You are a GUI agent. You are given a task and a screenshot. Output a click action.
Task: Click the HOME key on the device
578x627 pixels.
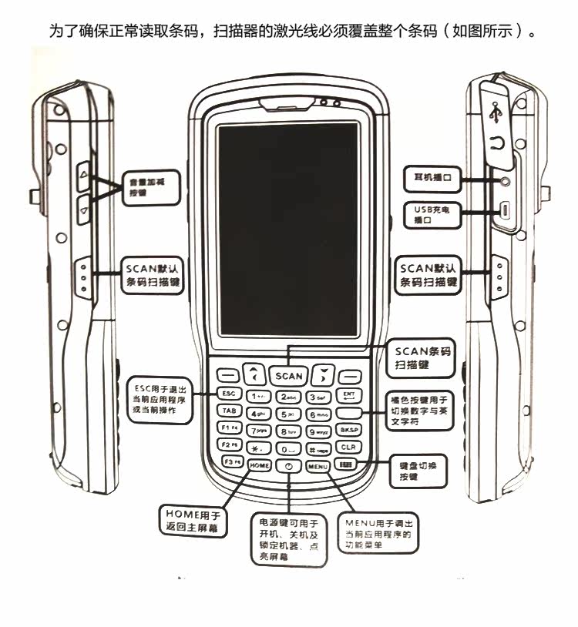(258, 466)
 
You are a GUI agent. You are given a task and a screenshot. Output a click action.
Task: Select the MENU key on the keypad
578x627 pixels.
(317, 466)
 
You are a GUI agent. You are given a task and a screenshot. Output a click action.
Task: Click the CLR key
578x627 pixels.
(348, 446)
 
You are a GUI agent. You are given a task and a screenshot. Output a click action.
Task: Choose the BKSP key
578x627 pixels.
(348, 430)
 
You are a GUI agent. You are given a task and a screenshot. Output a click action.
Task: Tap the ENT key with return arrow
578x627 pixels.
(348, 395)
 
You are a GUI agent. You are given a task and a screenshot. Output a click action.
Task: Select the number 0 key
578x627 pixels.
(287, 448)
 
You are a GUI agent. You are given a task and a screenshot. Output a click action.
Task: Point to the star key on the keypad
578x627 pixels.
(257, 448)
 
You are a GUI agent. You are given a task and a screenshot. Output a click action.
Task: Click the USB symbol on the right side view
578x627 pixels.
(495, 112)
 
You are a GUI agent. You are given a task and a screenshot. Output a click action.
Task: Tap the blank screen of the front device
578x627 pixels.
(287, 231)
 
